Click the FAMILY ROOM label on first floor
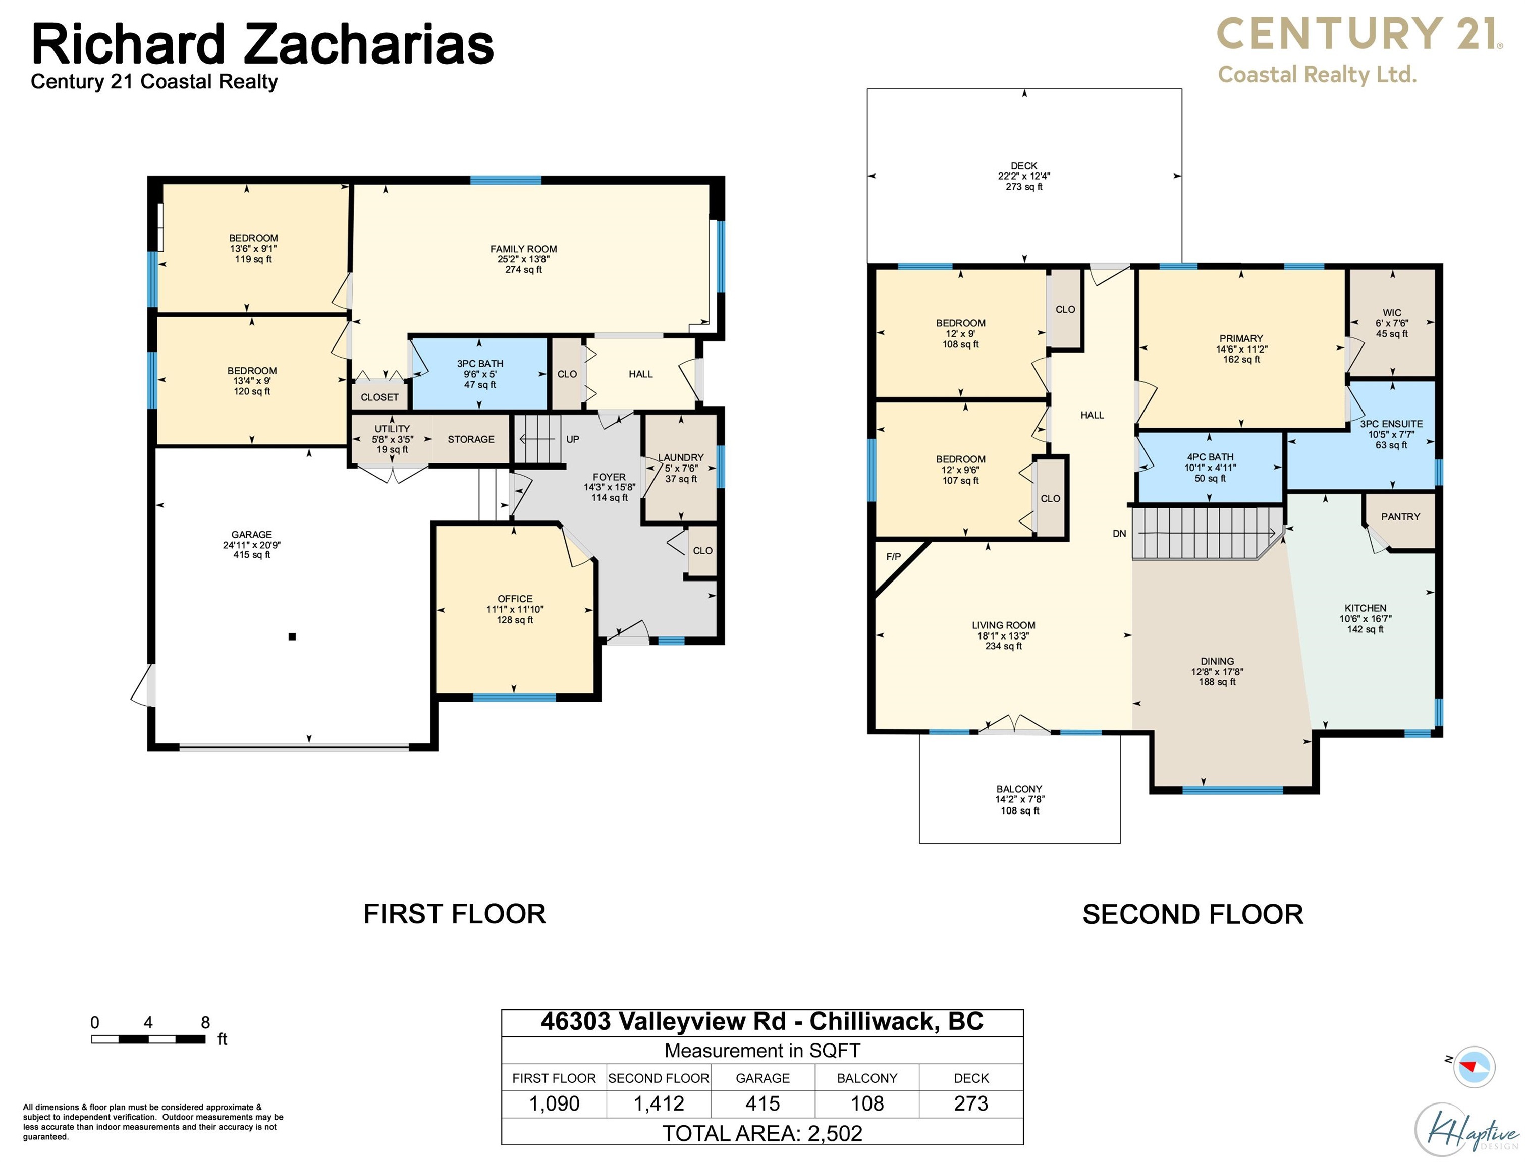point(523,249)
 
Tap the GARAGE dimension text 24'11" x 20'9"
point(251,545)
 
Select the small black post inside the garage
point(292,636)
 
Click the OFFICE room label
point(515,599)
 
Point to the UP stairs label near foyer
point(572,439)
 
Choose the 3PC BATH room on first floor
point(479,374)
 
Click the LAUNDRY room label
point(680,458)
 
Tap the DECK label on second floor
point(1023,166)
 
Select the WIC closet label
point(1391,313)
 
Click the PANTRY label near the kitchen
point(1400,516)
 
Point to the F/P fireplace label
point(893,557)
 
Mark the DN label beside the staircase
point(1119,533)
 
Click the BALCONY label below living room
point(1018,789)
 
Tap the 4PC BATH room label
point(1210,457)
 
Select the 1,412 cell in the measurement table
point(658,1103)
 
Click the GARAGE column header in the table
point(762,1078)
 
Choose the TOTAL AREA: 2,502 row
point(762,1133)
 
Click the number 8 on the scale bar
point(205,1022)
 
